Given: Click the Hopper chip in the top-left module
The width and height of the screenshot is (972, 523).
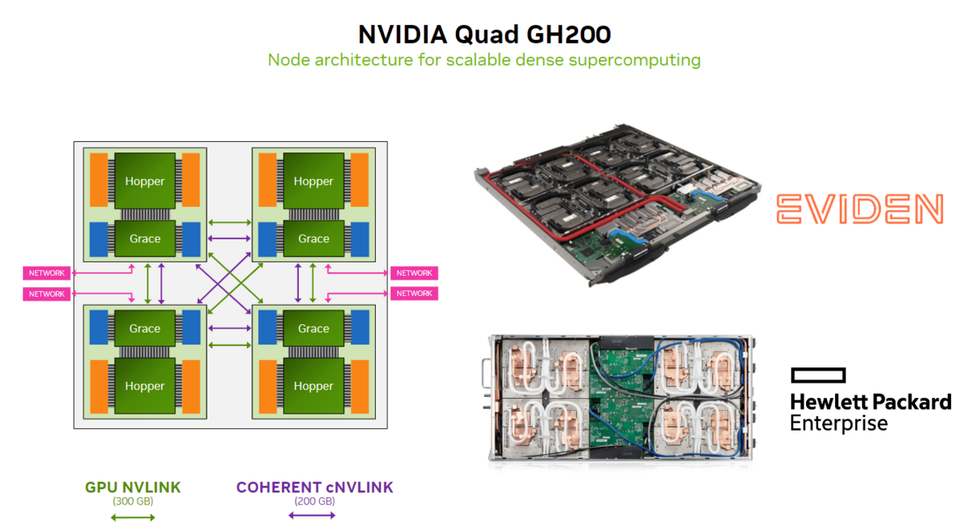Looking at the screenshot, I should pos(145,181).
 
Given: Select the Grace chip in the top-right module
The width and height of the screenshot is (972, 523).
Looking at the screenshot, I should pos(313,238).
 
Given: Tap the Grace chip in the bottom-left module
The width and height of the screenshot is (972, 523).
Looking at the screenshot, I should pos(145,328).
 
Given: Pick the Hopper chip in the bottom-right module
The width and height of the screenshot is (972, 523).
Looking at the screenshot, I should pos(313,386).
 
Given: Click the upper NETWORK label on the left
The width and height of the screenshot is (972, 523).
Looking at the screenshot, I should pos(47,273).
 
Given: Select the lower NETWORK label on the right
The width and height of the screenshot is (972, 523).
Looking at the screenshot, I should pos(414,294).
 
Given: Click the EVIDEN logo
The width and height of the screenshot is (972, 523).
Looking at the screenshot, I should pos(859,209).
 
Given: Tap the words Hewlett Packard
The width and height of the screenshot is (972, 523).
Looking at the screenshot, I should pos(870,402).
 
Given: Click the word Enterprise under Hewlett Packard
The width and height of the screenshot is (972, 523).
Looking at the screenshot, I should pos(838,423).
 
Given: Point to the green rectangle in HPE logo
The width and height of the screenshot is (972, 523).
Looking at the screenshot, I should pos(818,375).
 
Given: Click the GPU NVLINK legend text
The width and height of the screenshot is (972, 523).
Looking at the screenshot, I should pos(133,487).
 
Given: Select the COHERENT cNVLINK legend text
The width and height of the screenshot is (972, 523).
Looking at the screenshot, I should pos(314,487).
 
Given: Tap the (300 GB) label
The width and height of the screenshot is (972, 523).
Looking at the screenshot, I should pos(133,502).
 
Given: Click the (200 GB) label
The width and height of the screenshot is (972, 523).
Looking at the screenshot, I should pos(314,502).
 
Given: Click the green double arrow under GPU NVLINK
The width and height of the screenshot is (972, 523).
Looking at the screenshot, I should pos(133,516).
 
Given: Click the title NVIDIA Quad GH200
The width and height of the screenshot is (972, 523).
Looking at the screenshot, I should pos(484,35).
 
